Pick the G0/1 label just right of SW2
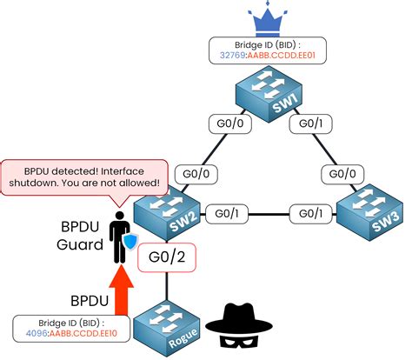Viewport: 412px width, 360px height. (229, 212)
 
